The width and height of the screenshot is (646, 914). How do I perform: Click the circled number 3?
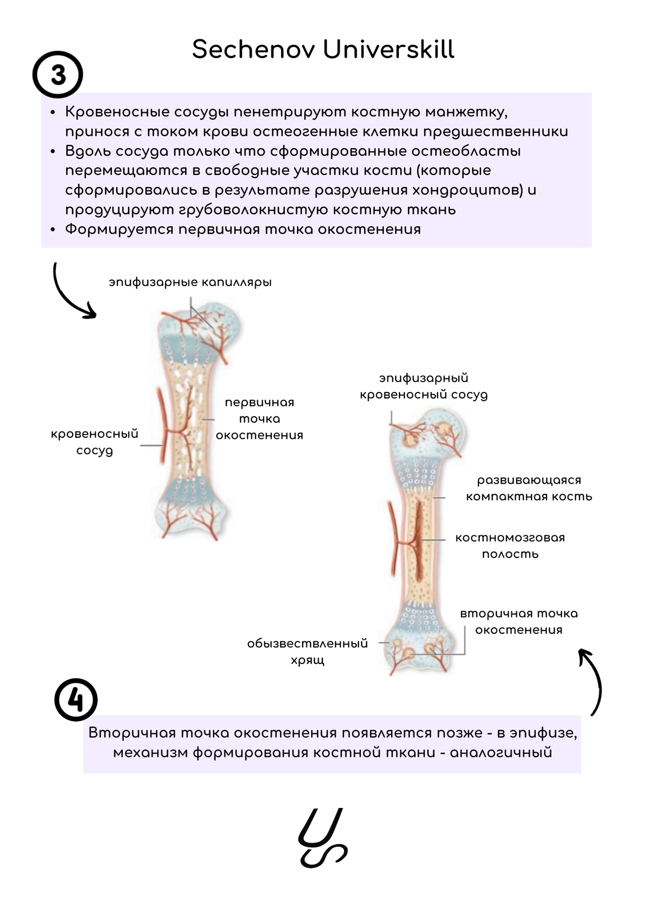pos(58,75)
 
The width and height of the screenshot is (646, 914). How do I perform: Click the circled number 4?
pos(76,700)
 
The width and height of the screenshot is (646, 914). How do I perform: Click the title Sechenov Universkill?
pos(323,50)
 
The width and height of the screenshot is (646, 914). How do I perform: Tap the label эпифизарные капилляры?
pos(190,282)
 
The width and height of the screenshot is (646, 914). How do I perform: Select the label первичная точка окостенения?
pos(259,418)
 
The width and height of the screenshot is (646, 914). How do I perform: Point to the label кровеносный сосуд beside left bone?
pos(95,442)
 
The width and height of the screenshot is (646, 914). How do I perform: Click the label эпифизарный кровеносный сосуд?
pos(424,386)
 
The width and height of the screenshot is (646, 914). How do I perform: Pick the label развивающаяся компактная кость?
pos(529,488)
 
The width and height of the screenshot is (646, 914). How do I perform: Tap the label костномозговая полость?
pos(510,546)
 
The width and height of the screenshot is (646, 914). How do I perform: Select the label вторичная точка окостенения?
pos(519,622)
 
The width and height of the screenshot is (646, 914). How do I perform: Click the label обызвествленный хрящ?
pos(307,652)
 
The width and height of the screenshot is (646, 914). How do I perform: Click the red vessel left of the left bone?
pos(161,425)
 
